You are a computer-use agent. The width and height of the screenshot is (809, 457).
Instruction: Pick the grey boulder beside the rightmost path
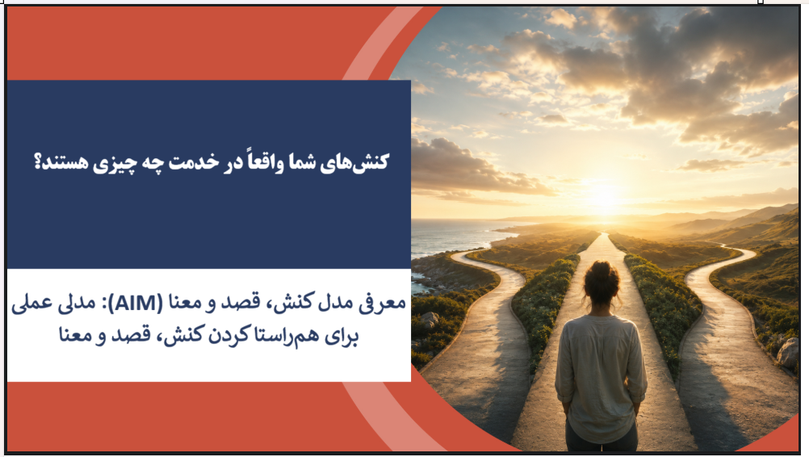tap(788, 353)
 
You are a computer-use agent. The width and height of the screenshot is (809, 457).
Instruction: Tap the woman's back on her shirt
tap(600, 371)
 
